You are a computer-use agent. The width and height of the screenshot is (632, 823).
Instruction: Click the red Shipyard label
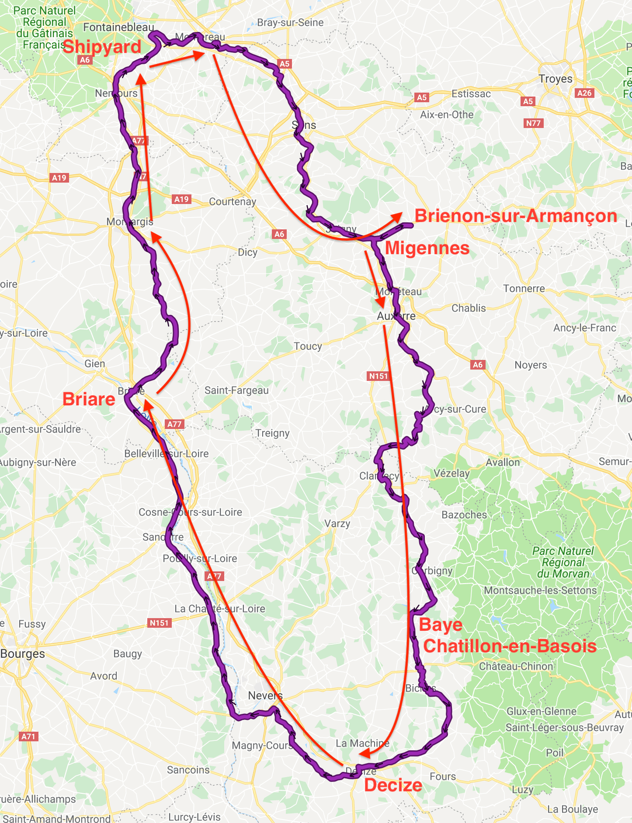[x=102, y=47]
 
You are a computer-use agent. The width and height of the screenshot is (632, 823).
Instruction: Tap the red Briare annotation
[x=89, y=399]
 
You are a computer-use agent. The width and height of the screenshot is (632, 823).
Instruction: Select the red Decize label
[x=393, y=785]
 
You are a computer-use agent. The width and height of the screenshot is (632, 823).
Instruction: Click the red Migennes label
[x=427, y=248]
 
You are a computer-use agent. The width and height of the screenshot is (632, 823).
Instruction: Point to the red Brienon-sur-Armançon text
[x=516, y=216]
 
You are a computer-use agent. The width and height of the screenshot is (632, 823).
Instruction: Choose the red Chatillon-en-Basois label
[x=510, y=646]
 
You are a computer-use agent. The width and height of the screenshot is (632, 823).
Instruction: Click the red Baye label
[x=440, y=625]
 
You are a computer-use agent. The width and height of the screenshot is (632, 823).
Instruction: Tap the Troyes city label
[x=555, y=79]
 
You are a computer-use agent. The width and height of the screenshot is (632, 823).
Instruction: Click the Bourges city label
[x=23, y=654]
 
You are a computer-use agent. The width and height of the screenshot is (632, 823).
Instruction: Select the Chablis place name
[x=469, y=308]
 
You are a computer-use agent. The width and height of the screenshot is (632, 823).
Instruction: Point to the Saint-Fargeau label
[x=236, y=391]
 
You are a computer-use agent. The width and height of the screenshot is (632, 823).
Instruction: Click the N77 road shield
[x=533, y=123]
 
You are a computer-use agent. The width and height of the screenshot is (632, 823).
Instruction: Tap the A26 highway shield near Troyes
[x=584, y=93]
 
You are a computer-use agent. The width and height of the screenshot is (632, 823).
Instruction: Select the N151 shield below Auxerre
[x=378, y=376]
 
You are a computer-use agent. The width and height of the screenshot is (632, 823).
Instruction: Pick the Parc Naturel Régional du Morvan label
[x=563, y=562]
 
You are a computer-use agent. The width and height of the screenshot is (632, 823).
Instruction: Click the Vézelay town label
[x=451, y=473]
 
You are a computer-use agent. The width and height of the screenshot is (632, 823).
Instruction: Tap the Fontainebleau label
[x=118, y=28]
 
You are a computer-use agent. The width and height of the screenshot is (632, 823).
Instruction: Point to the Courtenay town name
[x=233, y=202]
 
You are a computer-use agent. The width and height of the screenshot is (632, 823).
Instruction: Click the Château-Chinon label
[x=516, y=667]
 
